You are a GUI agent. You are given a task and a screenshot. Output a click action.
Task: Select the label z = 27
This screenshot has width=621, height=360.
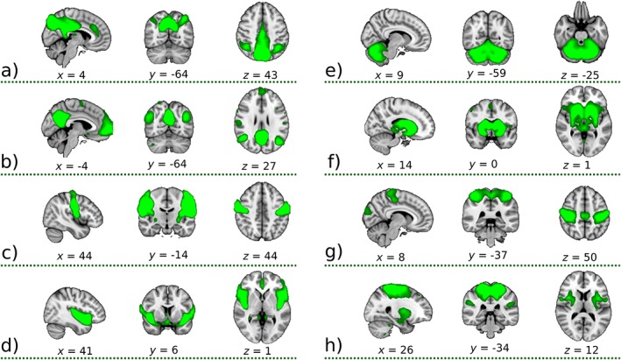260,164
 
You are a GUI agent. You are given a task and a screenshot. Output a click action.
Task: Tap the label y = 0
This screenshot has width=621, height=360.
488,164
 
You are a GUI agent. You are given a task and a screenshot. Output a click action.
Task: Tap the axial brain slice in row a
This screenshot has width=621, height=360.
260,34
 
